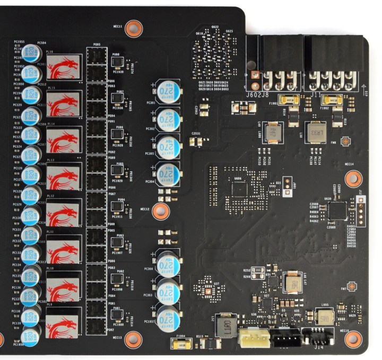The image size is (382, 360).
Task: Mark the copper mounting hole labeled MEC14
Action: point(350,180)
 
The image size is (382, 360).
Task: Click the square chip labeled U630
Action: point(338,211)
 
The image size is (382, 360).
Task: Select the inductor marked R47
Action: point(292,283)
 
